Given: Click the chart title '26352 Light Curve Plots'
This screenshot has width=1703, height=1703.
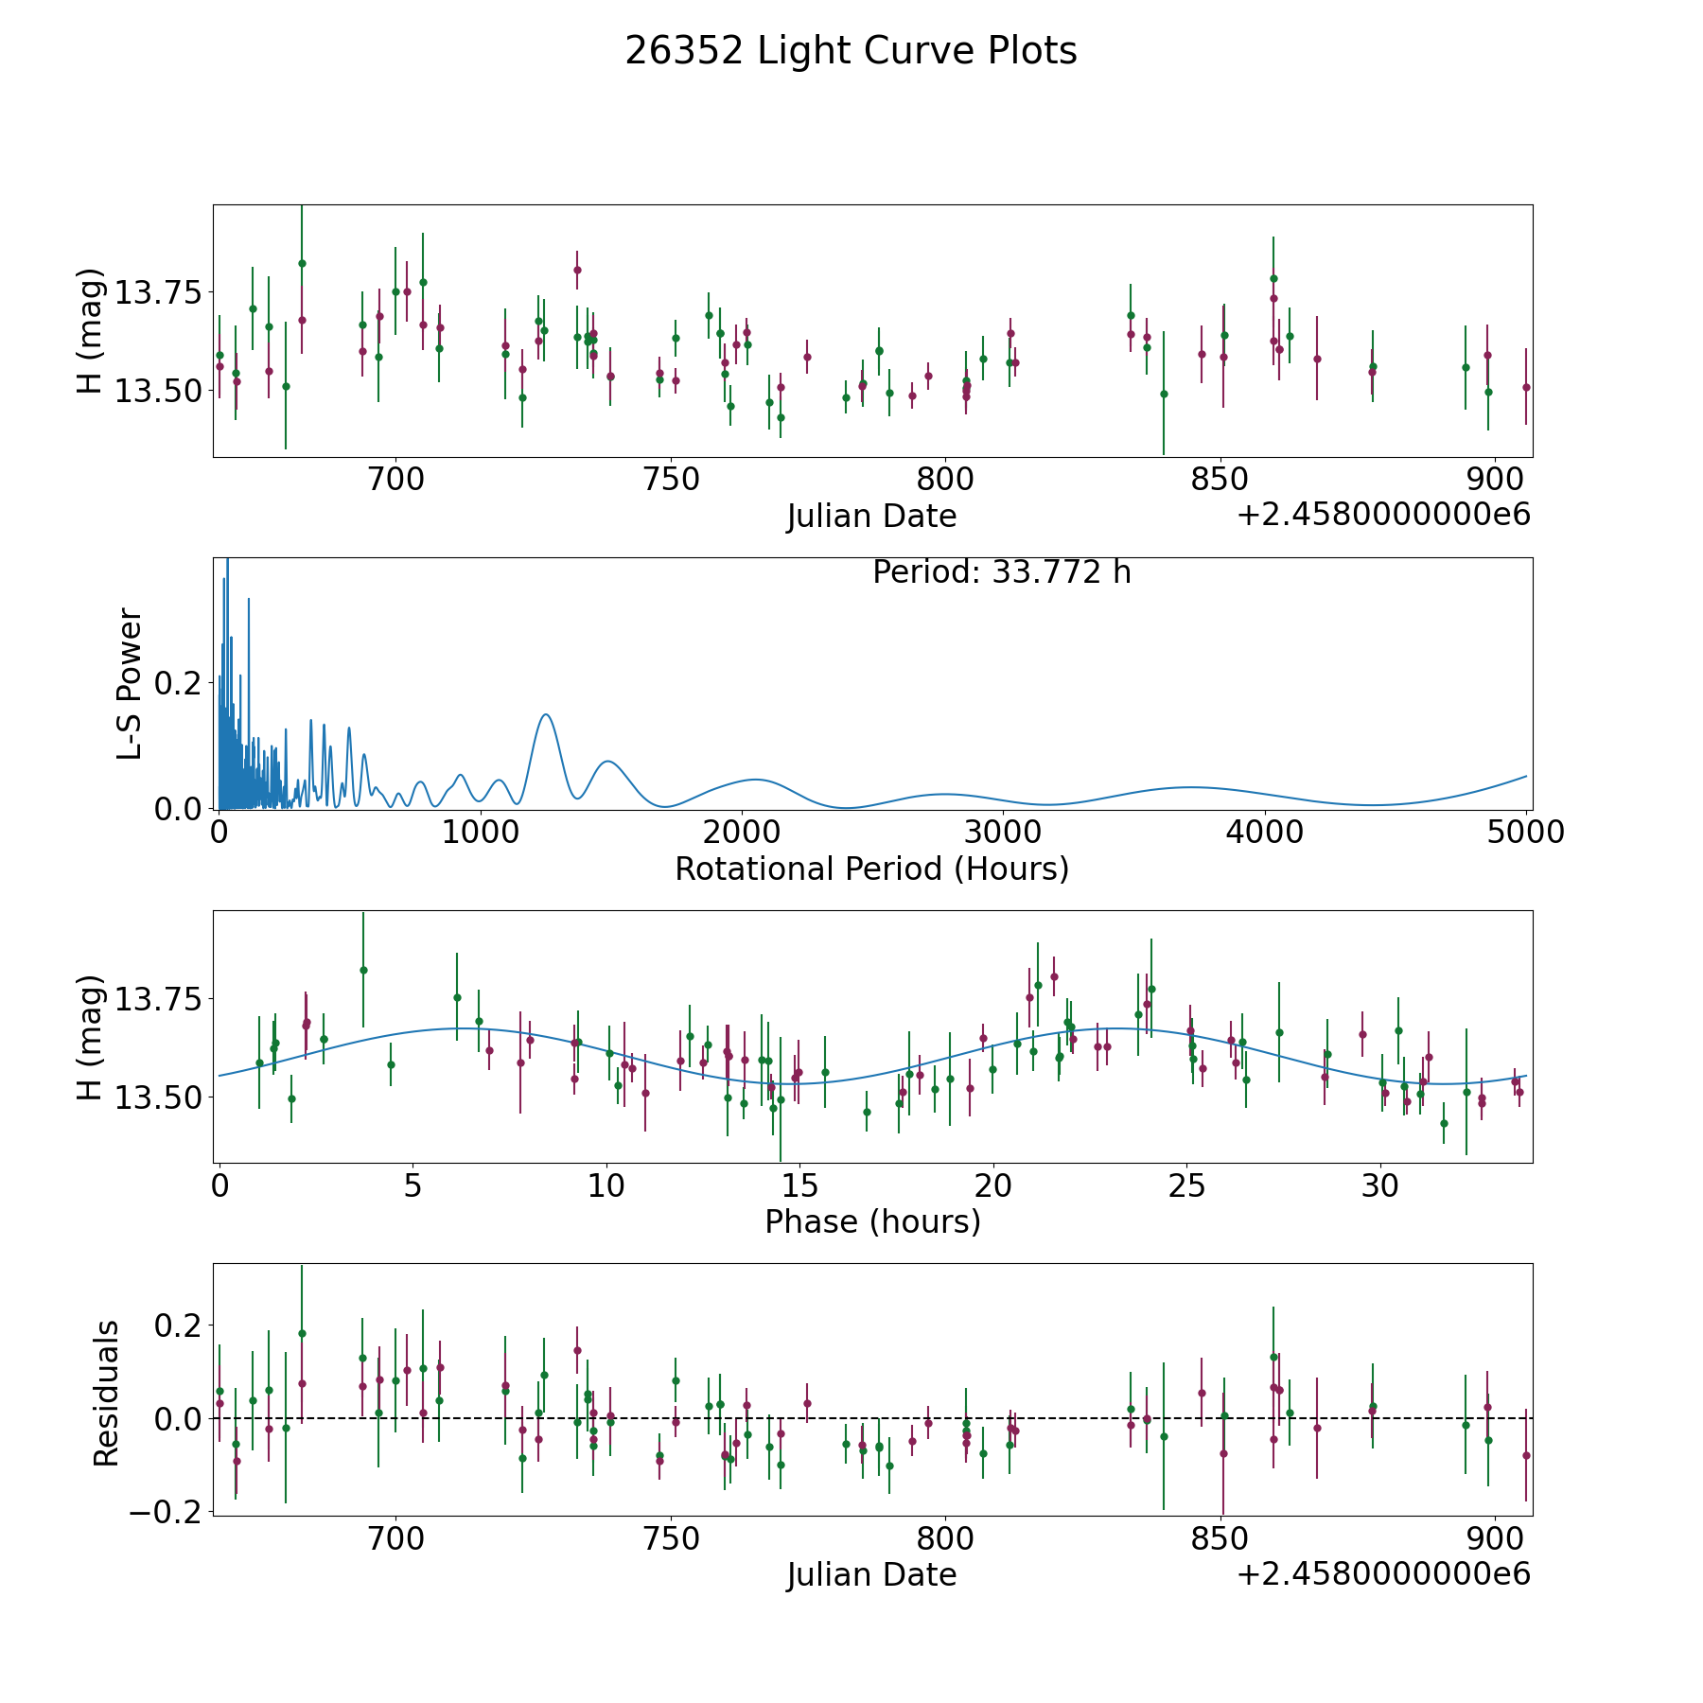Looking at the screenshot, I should (x=851, y=51).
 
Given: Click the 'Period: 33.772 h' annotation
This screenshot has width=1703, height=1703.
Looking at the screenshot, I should (x=1001, y=572).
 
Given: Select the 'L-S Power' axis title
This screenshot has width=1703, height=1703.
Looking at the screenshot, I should (x=130, y=683).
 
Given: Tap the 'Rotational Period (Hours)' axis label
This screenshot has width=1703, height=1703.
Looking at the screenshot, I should (x=871, y=869).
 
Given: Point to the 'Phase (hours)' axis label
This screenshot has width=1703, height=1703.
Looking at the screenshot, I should (x=872, y=1221).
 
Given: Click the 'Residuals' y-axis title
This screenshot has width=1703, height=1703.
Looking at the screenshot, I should (x=106, y=1393).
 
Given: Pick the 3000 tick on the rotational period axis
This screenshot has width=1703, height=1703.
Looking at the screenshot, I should (x=1003, y=832).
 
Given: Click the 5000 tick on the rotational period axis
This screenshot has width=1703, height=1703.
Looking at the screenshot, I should (x=1526, y=832).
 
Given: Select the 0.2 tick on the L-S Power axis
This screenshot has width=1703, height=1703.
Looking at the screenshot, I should (x=180, y=683).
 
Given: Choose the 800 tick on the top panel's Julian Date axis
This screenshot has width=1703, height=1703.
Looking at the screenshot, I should (x=945, y=479).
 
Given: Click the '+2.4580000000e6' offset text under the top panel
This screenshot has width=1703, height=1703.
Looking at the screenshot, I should (x=1383, y=515).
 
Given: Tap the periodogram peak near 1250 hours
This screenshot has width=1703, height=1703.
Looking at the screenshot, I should (x=546, y=714).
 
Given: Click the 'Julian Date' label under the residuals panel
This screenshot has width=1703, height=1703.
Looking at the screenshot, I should (x=871, y=1574).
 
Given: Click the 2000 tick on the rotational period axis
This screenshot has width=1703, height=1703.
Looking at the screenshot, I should (x=742, y=832).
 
